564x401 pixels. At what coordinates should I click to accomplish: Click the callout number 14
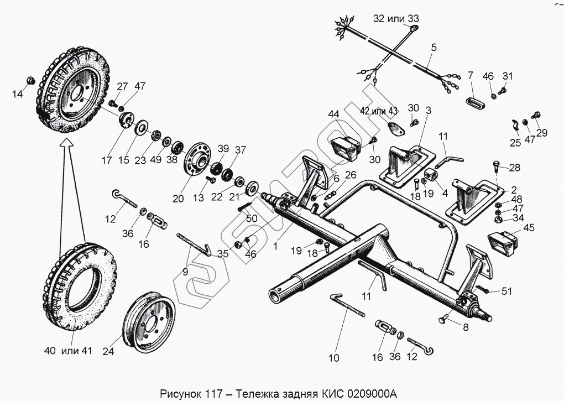click(x=18, y=94)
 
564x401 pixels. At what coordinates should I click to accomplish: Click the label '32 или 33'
click(x=396, y=18)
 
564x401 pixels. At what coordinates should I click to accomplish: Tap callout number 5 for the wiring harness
click(x=434, y=48)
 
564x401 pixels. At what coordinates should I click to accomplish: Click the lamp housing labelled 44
click(x=345, y=148)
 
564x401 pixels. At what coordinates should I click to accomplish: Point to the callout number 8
click(x=465, y=327)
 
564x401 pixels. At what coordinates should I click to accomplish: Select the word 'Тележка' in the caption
click(x=257, y=394)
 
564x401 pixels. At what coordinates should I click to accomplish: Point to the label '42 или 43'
click(x=379, y=111)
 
